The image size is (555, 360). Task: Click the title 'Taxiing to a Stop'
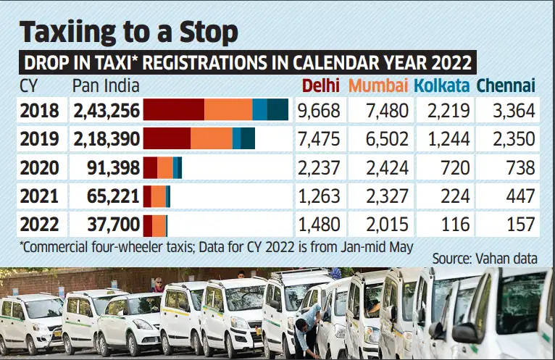click(x=129, y=33)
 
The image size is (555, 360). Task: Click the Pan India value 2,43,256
click(x=105, y=111)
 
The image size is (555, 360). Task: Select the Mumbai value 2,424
click(x=383, y=168)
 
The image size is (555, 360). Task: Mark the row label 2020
click(x=40, y=168)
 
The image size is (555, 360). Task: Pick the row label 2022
click(x=40, y=224)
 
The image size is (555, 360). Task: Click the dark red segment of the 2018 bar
click(x=174, y=110)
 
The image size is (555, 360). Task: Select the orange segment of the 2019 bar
click(x=211, y=138)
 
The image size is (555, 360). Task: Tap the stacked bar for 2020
click(x=162, y=168)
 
